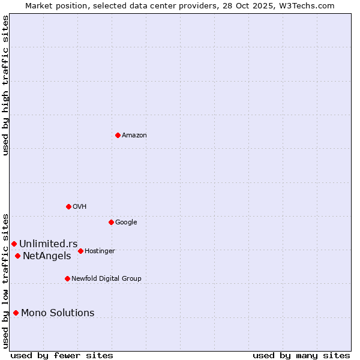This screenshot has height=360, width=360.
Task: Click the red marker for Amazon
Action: (x=118, y=135)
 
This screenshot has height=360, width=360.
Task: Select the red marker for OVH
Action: (x=68, y=206)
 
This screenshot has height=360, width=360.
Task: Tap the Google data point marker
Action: (x=111, y=222)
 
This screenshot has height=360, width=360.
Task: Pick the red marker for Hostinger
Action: (x=80, y=251)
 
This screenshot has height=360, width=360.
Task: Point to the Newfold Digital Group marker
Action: (x=67, y=278)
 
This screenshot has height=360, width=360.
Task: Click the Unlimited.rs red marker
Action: (x=14, y=244)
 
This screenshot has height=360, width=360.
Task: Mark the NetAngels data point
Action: (x=17, y=256)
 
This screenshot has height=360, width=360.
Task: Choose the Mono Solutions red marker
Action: (x=16, y=313)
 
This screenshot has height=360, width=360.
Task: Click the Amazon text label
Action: (x=134, y=136)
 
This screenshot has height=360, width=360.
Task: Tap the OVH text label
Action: (x=80, y=207)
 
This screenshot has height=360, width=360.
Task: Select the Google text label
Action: (x=126, y=223)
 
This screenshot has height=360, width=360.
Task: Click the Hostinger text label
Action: (x=100, y=251)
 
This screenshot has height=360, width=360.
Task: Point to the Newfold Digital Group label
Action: (x=106, y=279)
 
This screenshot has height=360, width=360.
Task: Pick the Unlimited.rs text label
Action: (x=48, y=244)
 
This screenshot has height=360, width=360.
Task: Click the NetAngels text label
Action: (x=47, y=256)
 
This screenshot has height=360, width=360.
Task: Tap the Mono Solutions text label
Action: (x=58, y=313)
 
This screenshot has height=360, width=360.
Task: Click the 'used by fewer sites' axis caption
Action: (x=62, y=355)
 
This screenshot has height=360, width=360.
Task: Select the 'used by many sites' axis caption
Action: (x=301, y=355)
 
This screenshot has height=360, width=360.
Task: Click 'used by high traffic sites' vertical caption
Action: (x=5, y=85)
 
